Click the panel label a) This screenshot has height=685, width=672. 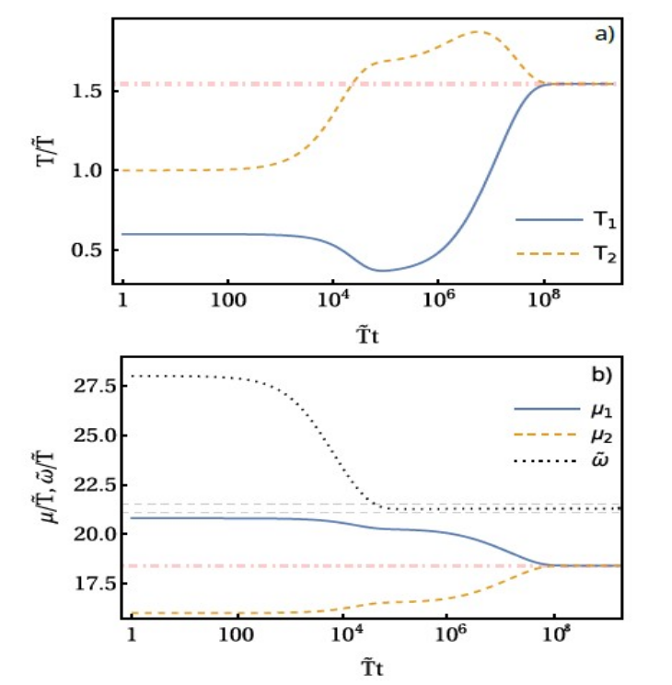[x=603, y=35]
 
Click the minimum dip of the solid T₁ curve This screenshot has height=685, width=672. [x=381, y=270]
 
